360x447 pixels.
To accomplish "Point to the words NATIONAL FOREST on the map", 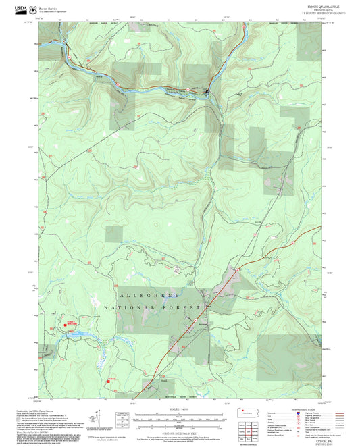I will coord(153,307).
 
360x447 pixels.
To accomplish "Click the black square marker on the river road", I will coord(207,91).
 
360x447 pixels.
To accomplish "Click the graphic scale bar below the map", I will coord(178,419).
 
